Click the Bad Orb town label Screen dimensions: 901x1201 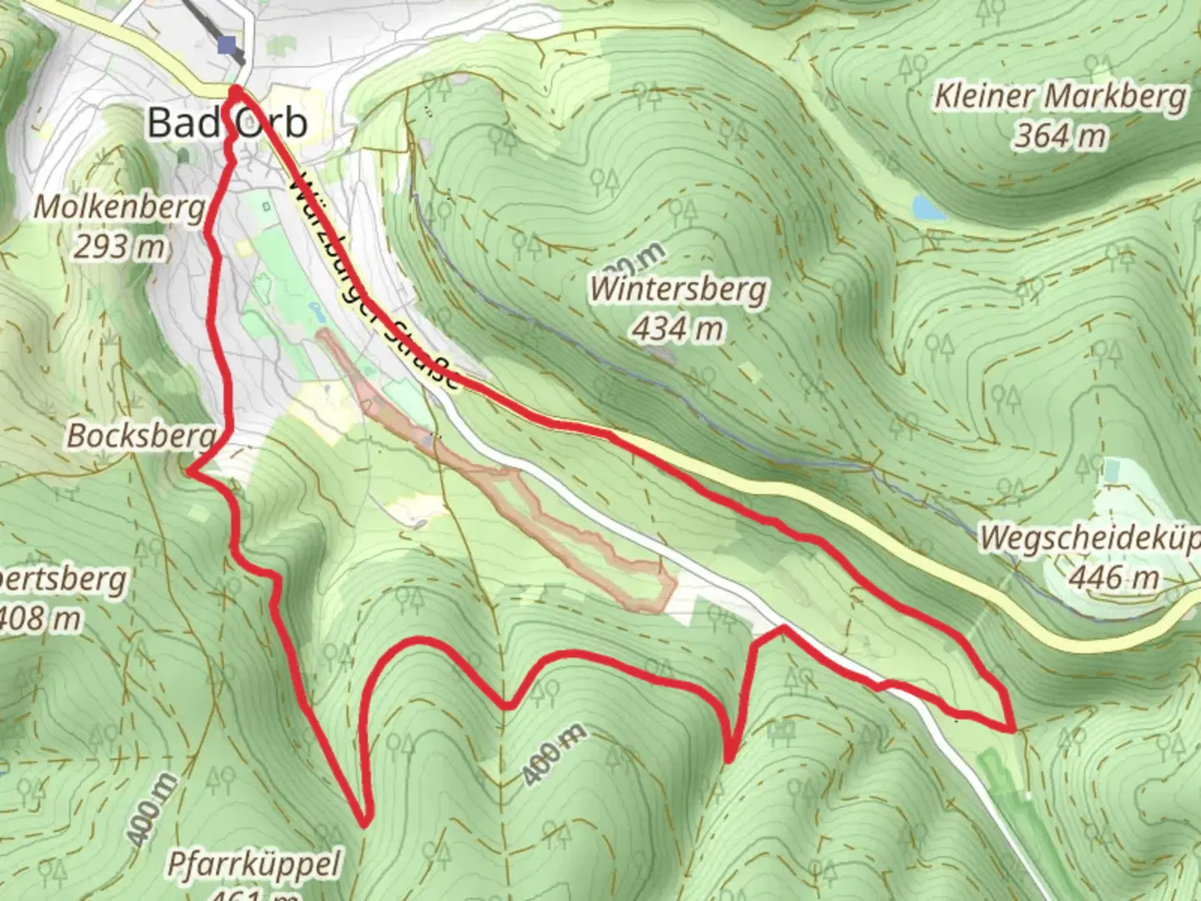(227, 123)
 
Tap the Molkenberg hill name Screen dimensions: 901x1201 (119, 207)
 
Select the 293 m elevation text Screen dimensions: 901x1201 (118, 247)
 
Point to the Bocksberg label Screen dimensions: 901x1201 (140, 435)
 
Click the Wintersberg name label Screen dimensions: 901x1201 (677, 289)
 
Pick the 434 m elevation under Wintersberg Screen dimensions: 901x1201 (677, 329)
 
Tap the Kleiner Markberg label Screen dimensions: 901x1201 (1059, 97)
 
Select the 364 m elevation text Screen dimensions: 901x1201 (1059, 135)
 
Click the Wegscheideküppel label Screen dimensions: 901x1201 (1089, 538)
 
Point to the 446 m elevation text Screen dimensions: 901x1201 (1114, 576)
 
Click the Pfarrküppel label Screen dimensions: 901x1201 (254, 863)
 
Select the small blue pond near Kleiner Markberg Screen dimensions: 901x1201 (928, 208)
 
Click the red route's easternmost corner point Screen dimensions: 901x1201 (1013, 729)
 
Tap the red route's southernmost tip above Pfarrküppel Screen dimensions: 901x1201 (364, 824)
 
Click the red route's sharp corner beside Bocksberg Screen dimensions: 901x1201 (189, 471)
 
